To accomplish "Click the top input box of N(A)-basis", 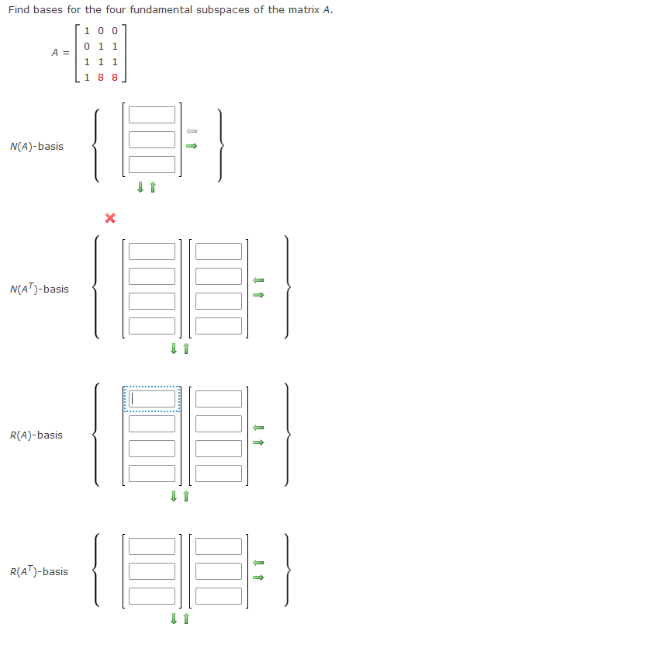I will [x=152, y=115].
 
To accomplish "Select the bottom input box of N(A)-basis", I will [x=152, y=165].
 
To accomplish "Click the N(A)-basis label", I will [x=37, y=146].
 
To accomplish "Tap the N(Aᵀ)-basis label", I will [x=39, y=289].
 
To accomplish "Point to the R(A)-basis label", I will [x=36, y=435].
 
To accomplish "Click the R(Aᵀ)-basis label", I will [x=39, y=571].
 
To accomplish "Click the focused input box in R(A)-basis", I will [x=152, y=399].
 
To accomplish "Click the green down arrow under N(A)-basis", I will [x=140, y=187].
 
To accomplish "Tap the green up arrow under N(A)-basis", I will [x=153, y=187].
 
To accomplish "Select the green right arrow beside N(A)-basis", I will [x=193, y=144].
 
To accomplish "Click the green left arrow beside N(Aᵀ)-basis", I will [x=260, y=280].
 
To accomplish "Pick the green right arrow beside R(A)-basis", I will [x=260, y=442].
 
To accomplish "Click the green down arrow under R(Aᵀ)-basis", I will [x=174, y=619].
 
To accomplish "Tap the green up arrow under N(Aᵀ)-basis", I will [x=186, y=349].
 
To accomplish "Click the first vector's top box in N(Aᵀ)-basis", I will [x=152, y=251].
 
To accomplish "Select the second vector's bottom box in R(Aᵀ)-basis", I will [x=219, y=595].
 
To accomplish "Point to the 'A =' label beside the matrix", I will [x=60, y=53].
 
